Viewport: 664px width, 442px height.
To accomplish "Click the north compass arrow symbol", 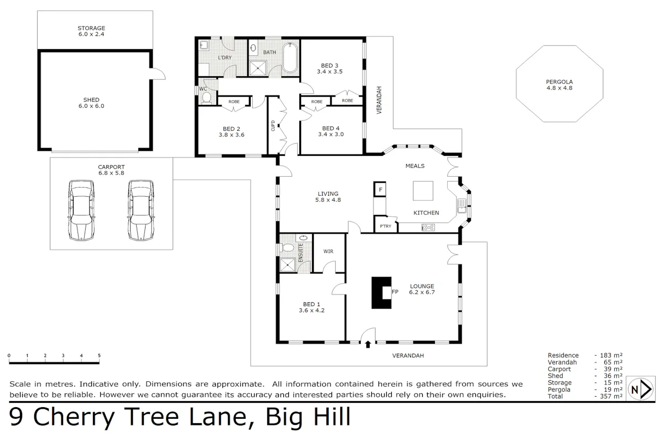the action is coord(641,390).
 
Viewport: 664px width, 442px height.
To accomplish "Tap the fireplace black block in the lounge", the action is coord(381,293).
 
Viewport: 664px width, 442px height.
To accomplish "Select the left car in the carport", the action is coord(81,210).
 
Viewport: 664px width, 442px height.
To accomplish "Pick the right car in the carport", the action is coord(141,210).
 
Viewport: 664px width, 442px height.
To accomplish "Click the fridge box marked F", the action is coord(380,190).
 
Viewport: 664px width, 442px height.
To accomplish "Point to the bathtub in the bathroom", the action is coord(289,57).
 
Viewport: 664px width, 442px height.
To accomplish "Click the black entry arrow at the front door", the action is coord(368,344).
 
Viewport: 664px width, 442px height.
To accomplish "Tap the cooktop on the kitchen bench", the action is coord(428,228).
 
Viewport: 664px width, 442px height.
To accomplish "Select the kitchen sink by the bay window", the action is coord(462,206).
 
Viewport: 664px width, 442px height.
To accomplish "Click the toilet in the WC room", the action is coord(206,98).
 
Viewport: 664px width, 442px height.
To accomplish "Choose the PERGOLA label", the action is coord(559,82).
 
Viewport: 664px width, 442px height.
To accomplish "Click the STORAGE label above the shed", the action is coord(91,28).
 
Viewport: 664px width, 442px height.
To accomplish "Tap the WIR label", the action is coord(328,251).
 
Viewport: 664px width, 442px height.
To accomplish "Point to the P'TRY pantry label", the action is coord(385,226).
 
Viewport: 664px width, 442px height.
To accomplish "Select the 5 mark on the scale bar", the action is coord(99,356).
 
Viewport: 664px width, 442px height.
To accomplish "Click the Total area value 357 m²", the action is coord(611,396).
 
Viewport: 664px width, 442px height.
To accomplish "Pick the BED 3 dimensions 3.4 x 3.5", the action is coord(330,72).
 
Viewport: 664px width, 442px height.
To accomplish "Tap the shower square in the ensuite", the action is coord(287,265).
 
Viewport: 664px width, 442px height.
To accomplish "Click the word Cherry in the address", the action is coord(74,417).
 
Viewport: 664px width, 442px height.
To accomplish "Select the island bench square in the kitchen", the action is coord(423,191).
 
